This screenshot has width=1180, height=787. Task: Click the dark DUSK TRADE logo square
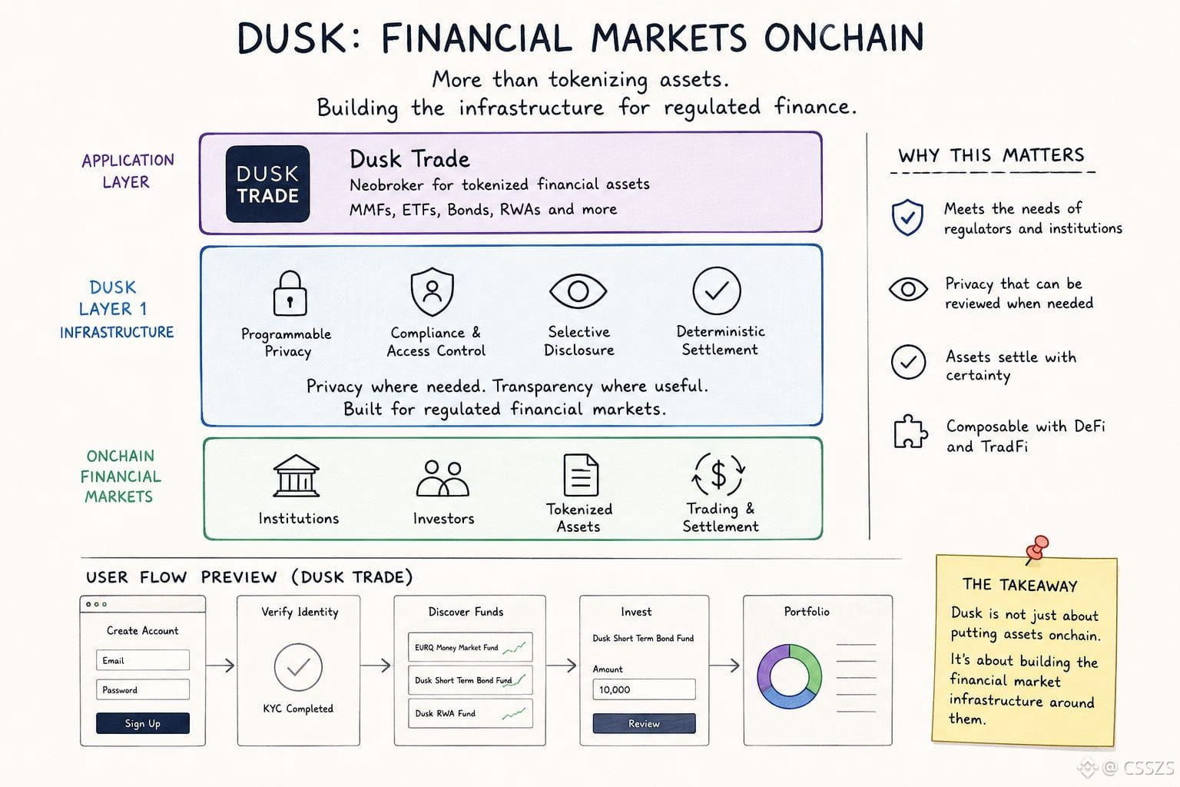pos(267,184)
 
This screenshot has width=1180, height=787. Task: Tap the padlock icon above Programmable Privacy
pos(290,293)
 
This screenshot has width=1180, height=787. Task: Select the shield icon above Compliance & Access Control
pos(432,291)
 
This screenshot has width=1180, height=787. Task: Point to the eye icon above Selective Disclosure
pos(578,291)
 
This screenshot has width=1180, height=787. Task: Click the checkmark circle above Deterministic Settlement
pos(717,291)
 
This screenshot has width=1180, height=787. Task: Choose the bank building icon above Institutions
pos(296,476)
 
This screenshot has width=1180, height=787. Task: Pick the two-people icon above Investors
pos(442,479)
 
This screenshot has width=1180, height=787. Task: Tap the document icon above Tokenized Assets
pos(581,475)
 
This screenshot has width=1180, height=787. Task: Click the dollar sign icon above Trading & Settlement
pos(718,474)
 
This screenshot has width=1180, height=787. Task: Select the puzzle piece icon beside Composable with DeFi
pos(910,432)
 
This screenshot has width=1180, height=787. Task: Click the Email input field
pos(143,660)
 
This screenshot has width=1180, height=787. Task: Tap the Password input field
pos(143,689)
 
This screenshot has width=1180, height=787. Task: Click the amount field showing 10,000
pos(644,689)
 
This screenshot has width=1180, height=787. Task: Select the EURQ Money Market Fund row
pos(470,647)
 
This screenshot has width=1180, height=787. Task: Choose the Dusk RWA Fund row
pos(470,713)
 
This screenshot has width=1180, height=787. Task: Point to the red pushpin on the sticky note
pos(1037,549)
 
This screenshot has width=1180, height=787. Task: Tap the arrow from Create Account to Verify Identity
pos(220,666)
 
